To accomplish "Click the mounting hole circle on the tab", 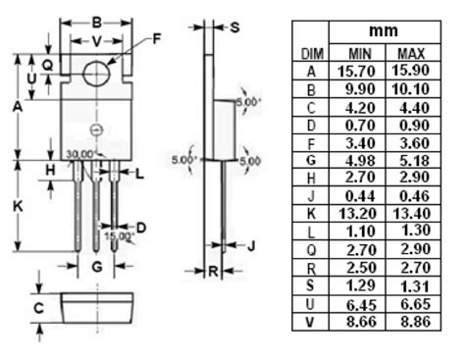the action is pos(84,74).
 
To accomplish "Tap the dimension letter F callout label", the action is pos(157,39).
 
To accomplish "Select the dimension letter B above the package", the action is pos(96,23).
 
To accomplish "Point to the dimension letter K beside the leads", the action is pos(18,206).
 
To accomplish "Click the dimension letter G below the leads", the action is pos(97,267).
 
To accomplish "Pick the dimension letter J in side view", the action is pos(251,245).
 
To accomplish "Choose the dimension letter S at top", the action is pos(234,27).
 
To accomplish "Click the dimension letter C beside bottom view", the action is pos(38,308).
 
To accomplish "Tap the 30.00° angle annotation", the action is pos(80,154).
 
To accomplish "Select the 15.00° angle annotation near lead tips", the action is pos(120,235).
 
